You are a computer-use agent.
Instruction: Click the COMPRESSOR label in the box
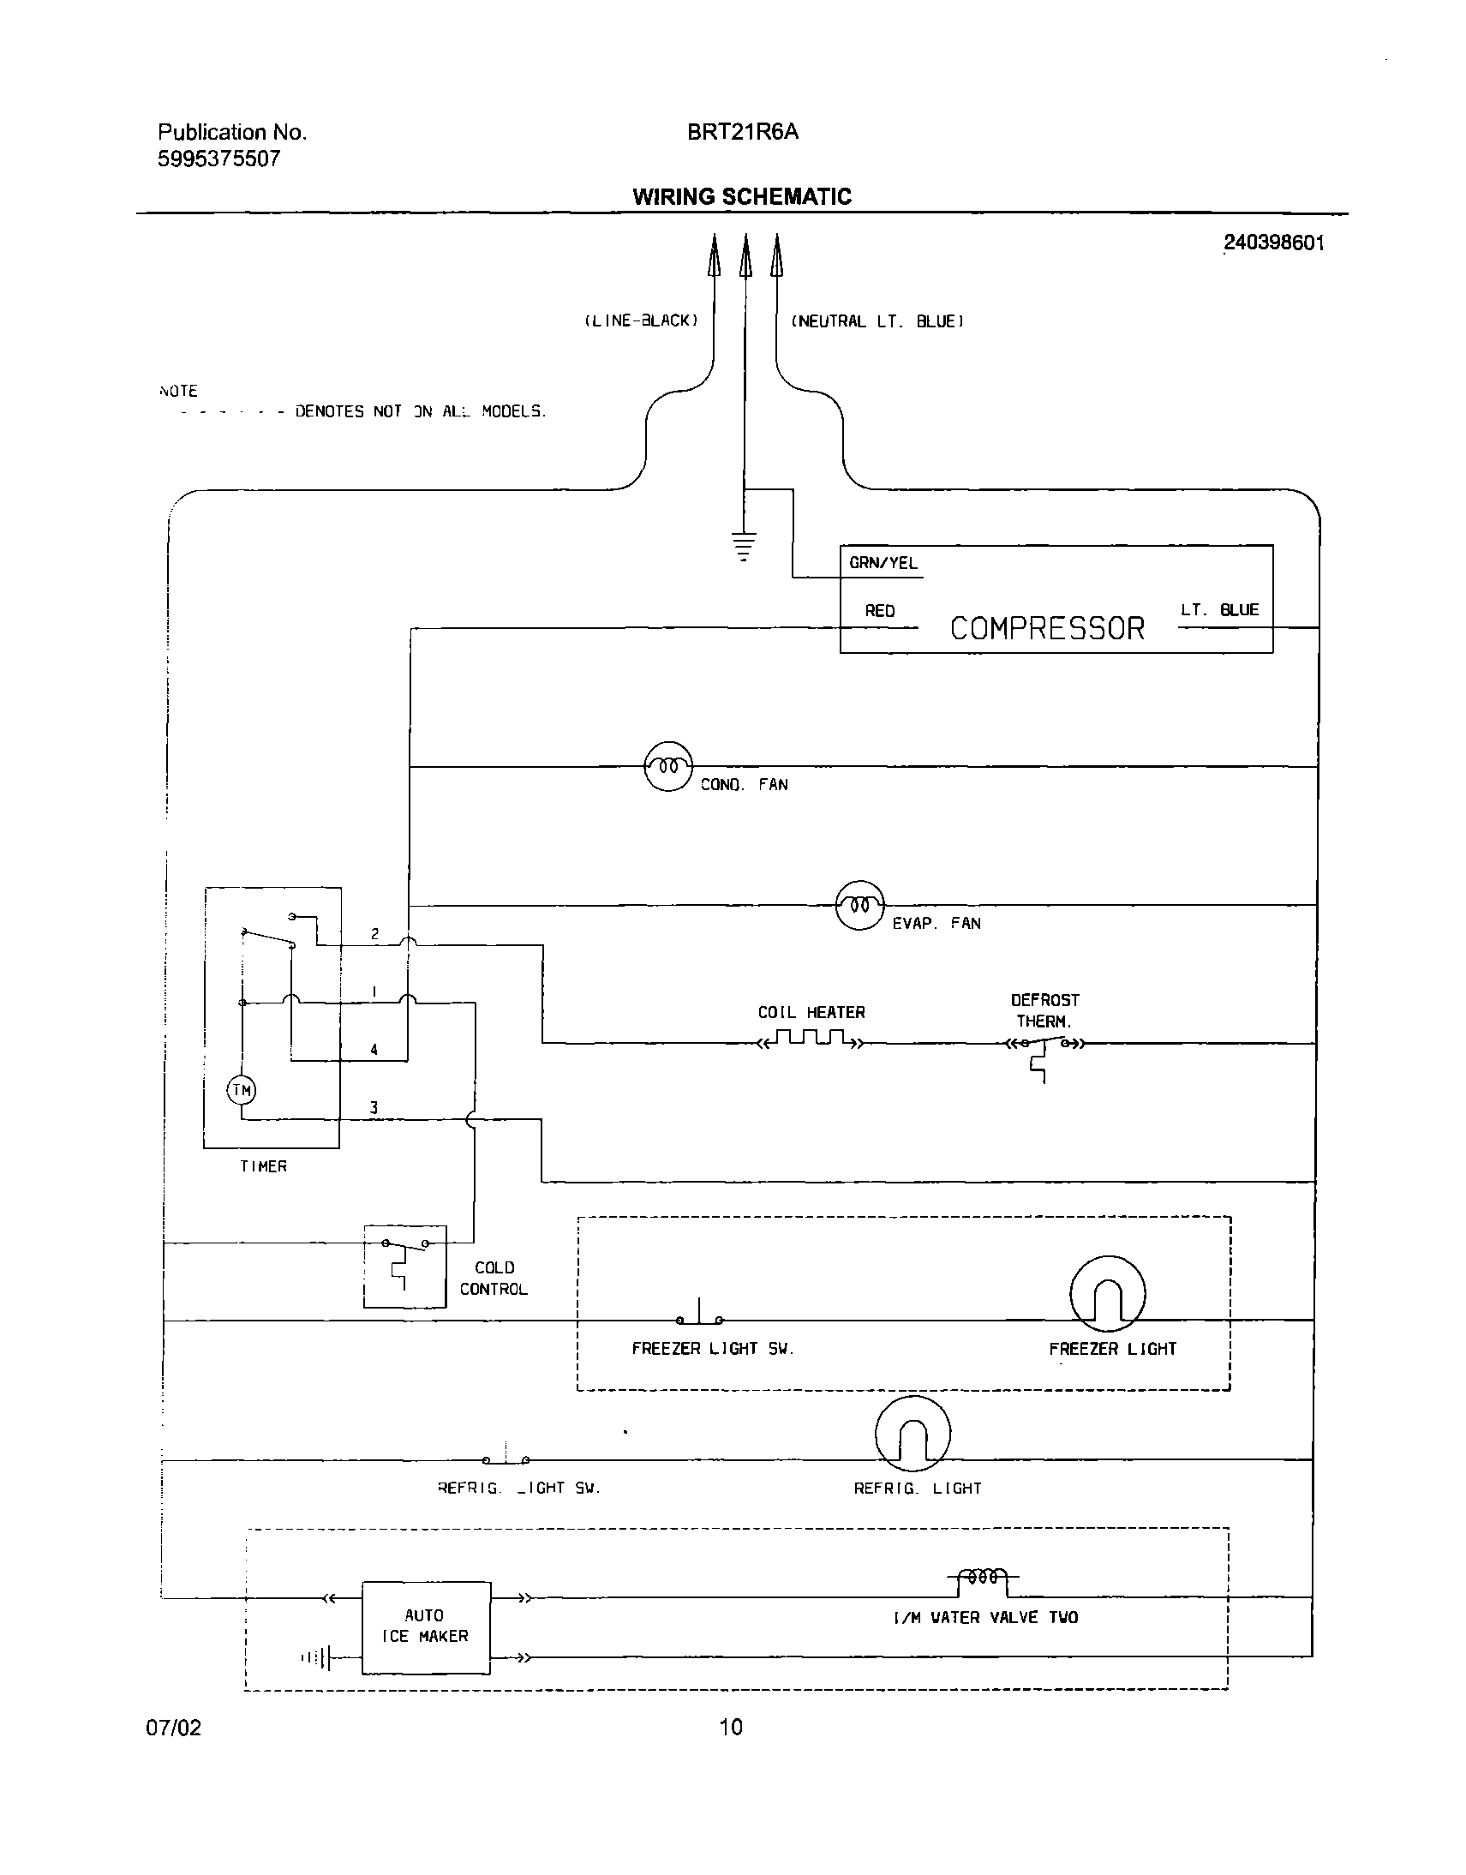click(1046, 628)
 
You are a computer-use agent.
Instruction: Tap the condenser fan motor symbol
click(668, 766)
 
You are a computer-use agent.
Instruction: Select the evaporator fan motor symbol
click(859, 905)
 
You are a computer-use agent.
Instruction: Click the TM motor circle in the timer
click(242, 1090)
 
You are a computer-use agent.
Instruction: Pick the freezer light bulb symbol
click(1107, 1294)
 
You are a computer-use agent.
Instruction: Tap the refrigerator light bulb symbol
click(913, 1433)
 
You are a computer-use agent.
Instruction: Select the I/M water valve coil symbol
click(984, 1577)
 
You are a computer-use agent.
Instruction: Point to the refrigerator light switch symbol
click(506, 1457)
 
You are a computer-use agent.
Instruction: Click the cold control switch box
click(404, 1267)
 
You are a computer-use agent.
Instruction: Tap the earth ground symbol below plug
click(745, 546)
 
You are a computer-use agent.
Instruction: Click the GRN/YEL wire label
click(883, 563)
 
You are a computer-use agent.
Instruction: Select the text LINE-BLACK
click(641, 320)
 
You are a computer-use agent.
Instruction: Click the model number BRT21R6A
click(743, 131)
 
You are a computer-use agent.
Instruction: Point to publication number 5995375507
click(218, 159)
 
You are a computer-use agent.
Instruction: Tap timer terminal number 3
click(374, 1107)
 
